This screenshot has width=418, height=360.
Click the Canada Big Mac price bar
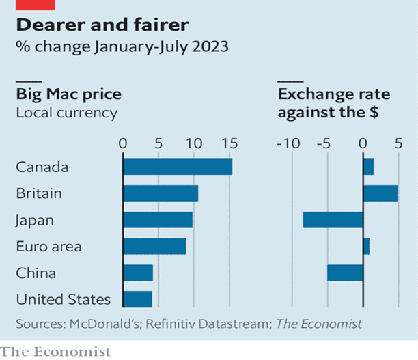click(178, 167)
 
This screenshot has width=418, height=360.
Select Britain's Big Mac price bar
click(161, 193)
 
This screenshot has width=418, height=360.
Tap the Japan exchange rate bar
click(333, 220)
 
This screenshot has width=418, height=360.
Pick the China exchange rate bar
click(345, 273)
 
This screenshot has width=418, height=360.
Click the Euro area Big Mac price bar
click(154, 246)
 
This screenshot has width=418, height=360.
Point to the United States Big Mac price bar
click(137, 299)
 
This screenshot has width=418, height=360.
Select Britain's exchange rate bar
click(380, 193)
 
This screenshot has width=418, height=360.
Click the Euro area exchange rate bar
click(366, 246)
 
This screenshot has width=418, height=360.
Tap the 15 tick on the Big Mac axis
click(229, 143)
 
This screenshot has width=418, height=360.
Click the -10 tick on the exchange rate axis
click(290, 143)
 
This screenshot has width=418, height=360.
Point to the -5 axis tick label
click(325, 143)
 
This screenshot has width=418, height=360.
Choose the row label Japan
click(35, 221)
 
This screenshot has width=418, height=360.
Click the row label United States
click(63, 299)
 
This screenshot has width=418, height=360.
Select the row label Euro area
click(48, 247)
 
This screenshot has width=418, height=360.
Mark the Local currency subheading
click(66, 113)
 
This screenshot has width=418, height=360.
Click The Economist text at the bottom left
click(55, 351)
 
